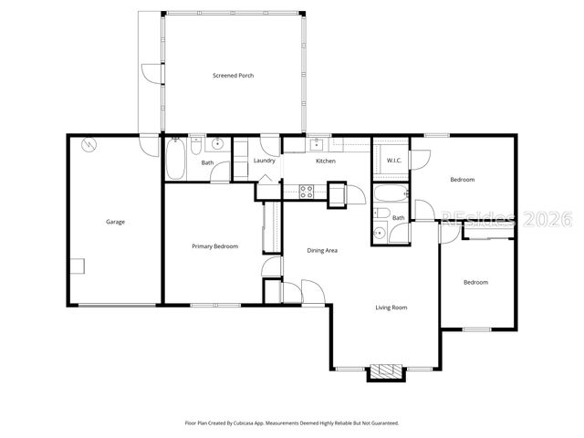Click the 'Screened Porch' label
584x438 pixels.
click(233, 76)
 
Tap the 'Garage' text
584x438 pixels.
click(115, 222)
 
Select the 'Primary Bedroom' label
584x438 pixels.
click(214, 246)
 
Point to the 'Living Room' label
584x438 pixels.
click(391, 308)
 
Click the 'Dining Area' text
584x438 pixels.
click(322, 250)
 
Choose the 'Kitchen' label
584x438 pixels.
click(326, 162)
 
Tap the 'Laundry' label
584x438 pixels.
click(265, 162)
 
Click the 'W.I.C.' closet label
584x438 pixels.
click(394, 162)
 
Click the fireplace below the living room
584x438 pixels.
click(384, 373)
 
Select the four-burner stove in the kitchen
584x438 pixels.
click(308, 191)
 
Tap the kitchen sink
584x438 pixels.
click(317, 144)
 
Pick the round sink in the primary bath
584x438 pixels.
click(218, 144)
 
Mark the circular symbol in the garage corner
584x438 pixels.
click(89, 145)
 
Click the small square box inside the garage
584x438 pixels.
click(79, 266)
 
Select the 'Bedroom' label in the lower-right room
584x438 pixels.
click(475, 282)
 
